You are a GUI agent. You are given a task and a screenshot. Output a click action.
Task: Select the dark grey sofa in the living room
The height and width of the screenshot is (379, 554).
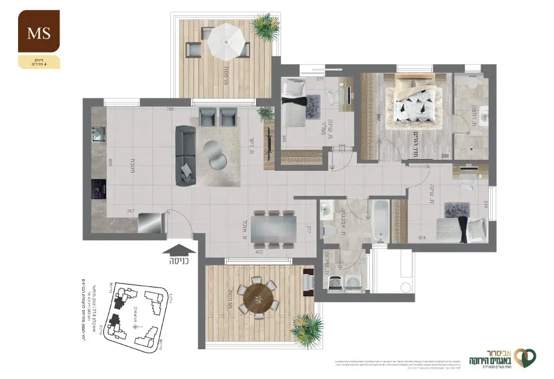[186, 156]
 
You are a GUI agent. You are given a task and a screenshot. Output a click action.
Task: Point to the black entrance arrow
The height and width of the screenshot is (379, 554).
[180, 250]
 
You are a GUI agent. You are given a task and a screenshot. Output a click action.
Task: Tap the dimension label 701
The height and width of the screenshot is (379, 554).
[170, 109]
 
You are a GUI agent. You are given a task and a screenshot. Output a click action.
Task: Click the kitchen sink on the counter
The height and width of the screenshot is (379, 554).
[96, 136]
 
